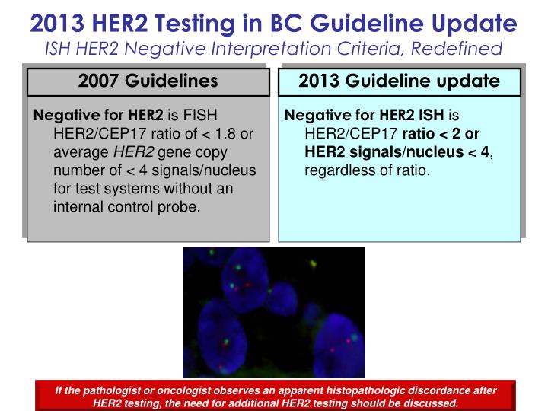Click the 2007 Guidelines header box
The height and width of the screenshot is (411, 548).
click(148, 81)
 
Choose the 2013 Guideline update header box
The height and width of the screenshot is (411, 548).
click(399, 81)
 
